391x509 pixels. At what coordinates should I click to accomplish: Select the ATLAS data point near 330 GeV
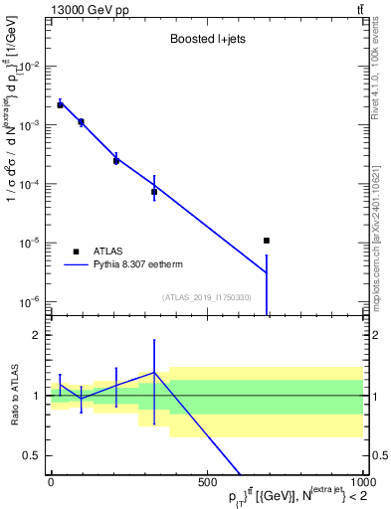[154, 192]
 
